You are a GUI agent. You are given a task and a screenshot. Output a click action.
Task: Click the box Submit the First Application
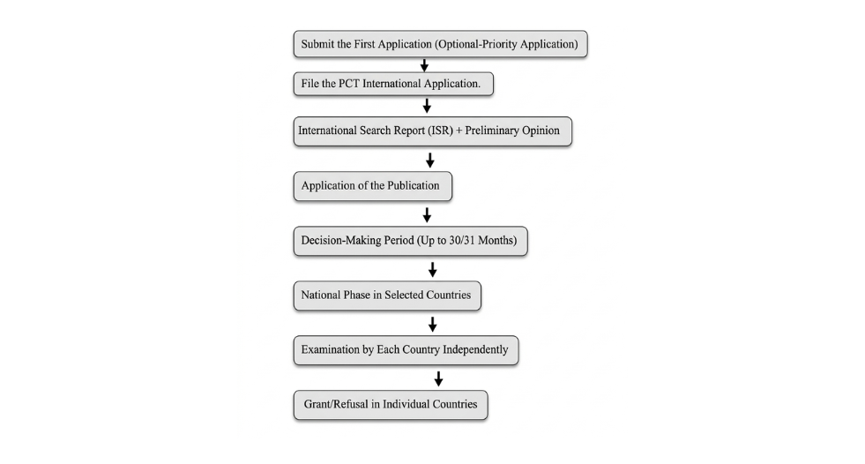click(x=439, y=44)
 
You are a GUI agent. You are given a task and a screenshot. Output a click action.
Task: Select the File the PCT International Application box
click(x=392, y=84)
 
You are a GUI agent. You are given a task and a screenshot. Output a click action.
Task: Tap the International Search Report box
click(x=432, y=131)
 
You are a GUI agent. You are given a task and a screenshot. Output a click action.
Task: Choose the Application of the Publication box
click(x=372, y=186)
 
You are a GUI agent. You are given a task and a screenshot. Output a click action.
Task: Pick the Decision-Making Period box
click(x=410, y=242)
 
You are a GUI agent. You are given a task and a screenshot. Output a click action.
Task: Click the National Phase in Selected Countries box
click(x=387, y=296)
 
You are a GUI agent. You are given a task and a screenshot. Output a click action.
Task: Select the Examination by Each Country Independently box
click(x=406, y=350)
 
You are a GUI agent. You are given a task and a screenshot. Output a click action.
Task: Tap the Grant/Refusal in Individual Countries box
click(x=390, y=405)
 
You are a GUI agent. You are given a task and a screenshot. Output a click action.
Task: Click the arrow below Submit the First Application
click(x=424, y=64)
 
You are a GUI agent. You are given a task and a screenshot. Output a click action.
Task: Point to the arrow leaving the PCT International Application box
click(x=427, y=105)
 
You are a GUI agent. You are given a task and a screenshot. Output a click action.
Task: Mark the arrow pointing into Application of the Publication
click(x=430, y=160)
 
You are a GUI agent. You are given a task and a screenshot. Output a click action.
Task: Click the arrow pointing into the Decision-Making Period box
click(x=427, y=214)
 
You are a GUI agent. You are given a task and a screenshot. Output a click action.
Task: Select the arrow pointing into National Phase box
click(x=432, y=269)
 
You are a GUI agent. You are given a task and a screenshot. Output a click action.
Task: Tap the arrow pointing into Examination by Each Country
click(x=432, y=324)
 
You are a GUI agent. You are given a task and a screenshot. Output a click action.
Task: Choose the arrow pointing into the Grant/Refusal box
click(x=438, y=378)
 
